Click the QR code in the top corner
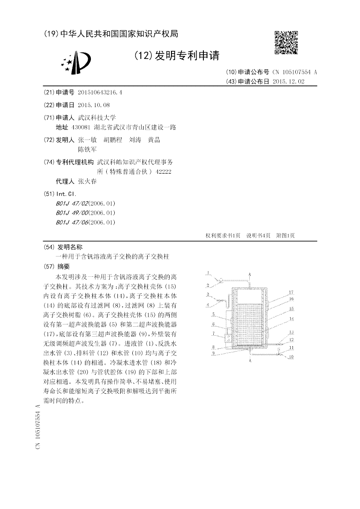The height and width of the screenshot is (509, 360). point(286,43)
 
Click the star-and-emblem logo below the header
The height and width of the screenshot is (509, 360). point(76,63)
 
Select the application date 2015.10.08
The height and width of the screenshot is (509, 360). point(94,105)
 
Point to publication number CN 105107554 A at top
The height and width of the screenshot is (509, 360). point(295,72)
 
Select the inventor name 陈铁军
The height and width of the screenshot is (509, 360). point(87,149)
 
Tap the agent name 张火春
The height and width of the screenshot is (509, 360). point(87,182)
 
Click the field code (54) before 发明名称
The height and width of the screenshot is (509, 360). point(49,247)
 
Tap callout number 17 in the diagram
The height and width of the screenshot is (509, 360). point(291,292)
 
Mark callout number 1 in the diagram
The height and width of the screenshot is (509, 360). point(208,273)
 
